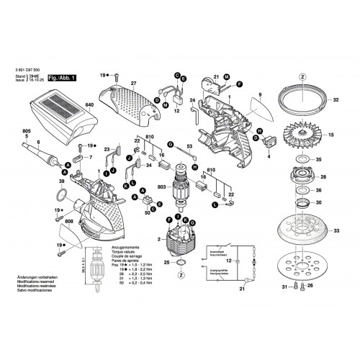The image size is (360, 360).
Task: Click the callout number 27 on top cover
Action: (132, 84)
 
